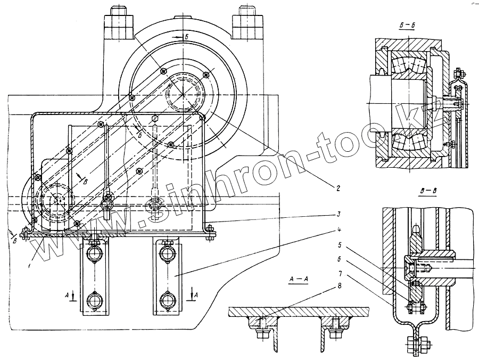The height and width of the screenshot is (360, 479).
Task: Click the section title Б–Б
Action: (408, 26)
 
